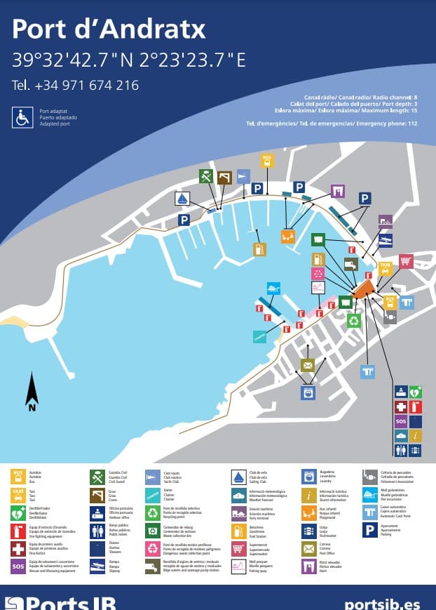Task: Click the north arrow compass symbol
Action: (x=32, y=392)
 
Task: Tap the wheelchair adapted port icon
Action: (x=22, y=117)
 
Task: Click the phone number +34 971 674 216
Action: (x=75, y=85)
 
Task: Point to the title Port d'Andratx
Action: (x=109, y=29)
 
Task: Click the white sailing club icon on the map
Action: (x=182, y=199)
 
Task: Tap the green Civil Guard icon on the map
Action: (x=206, y=175)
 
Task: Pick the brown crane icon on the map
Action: (x=224, y=178)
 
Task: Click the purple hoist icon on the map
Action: (x=338, y=190)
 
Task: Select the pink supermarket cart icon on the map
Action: (x=405, y=261)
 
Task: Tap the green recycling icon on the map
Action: (x=354, y=321)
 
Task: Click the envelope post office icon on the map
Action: (x=307, y=365)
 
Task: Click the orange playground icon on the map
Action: (x=287, y=236)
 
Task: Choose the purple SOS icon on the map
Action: (x=400, y=422)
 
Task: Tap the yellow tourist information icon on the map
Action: (x=416, y=437)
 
